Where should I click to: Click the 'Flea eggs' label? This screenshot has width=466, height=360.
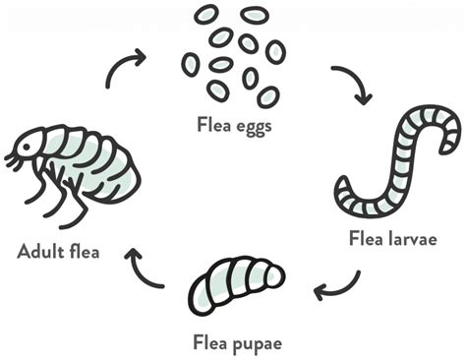coord(233,125)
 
